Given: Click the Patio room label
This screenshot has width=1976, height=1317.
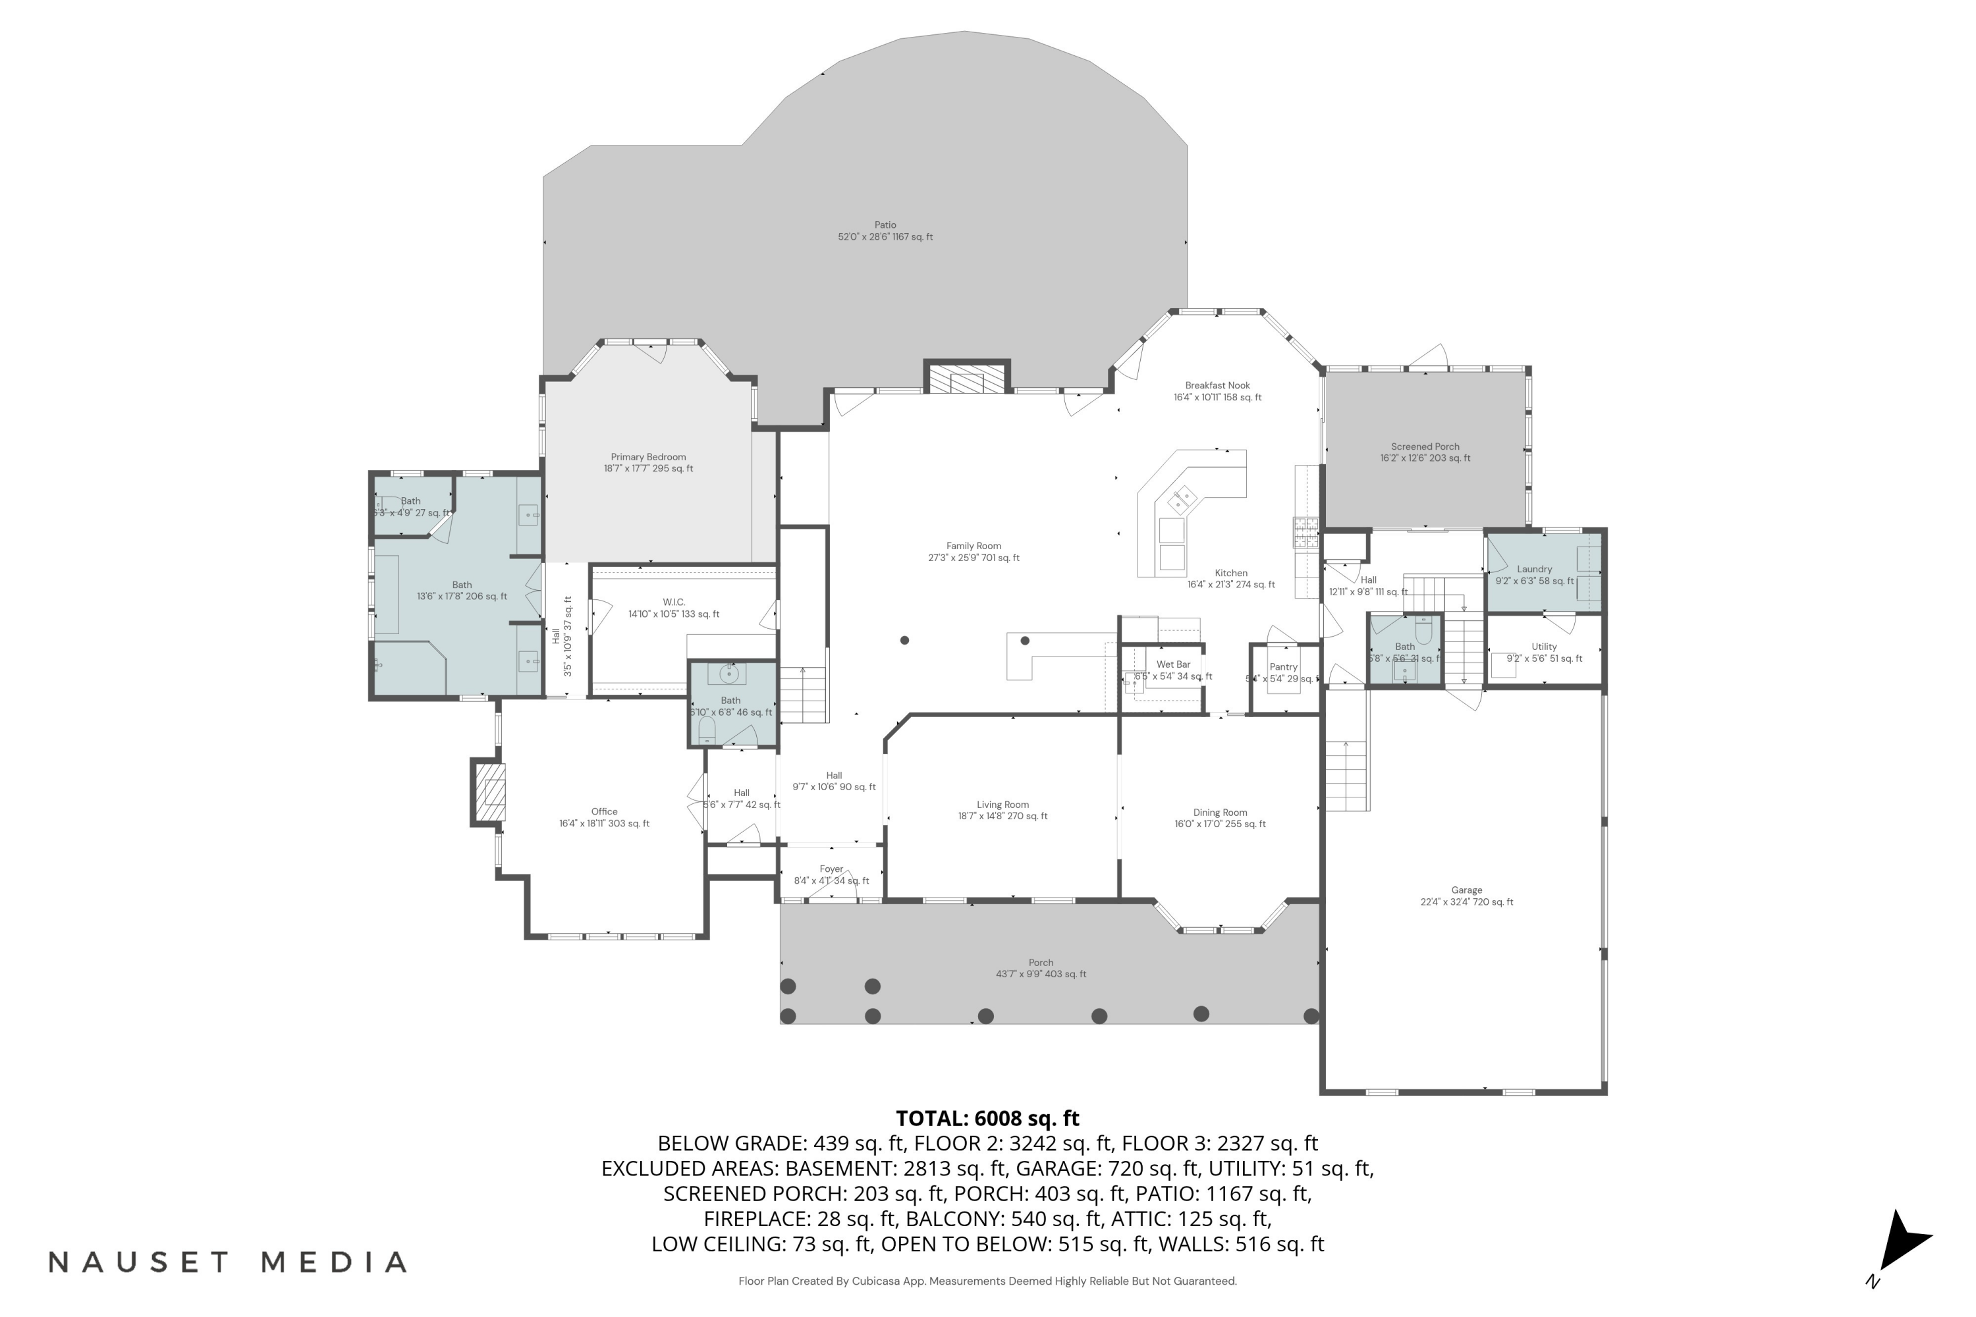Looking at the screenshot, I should tap(885, 225).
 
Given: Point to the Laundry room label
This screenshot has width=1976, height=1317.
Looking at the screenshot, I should tap(1534, 570).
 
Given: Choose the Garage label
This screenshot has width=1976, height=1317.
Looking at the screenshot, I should tap(1466, 890).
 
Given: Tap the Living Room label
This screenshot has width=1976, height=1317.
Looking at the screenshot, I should tap(1002, 805).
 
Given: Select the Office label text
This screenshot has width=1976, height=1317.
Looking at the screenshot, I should tap(604, 812).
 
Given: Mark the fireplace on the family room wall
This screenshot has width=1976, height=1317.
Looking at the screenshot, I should tap(966, 379).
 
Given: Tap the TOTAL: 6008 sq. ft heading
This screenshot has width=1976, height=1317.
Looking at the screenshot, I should tap(987, 1119).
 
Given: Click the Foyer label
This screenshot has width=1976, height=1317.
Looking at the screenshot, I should tap(831, 869).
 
